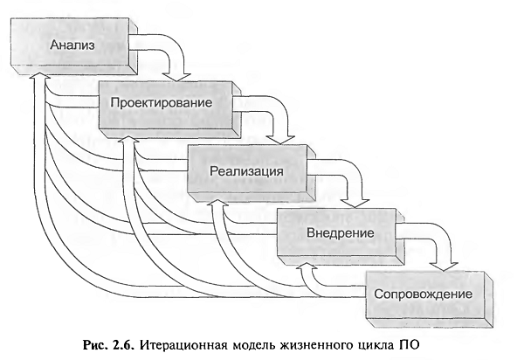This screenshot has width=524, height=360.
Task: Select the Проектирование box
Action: pos(169,109)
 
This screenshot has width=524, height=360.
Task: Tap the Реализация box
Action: pos(251,172)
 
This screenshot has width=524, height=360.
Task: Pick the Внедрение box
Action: pos(341,236)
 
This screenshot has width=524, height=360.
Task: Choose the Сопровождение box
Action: pos(429,299)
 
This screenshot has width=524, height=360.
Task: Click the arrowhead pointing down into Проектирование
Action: pos(176,76)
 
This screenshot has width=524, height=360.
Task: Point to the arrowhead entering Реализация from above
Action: pos(280,140)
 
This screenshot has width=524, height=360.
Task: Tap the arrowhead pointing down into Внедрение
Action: pos(355,203)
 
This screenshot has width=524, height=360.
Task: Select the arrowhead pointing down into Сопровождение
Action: pos(444,266)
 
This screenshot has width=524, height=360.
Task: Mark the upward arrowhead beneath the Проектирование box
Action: pos(128,139)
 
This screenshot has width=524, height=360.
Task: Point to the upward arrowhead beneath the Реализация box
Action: pos(217,204)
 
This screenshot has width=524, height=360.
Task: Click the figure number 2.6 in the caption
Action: pos(122,344)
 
